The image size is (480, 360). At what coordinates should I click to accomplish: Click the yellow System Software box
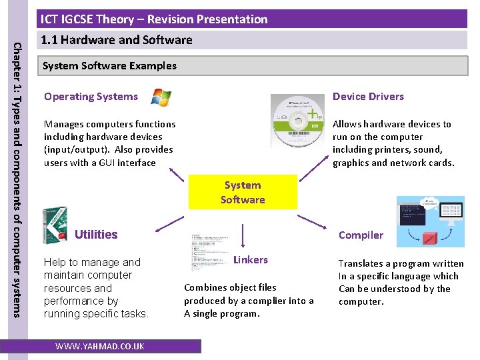(243, 193)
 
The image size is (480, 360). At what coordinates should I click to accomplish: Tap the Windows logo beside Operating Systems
(161, 97)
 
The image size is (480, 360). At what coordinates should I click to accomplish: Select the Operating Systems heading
(91, 97)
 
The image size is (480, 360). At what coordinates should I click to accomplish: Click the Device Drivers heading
(368, 97)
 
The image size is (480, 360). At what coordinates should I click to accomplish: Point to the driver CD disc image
(299, 127)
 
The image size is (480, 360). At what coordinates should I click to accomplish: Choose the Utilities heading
(96, 235)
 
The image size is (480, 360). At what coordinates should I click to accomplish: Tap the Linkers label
(251, 260)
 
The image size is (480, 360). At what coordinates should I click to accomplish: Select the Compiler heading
(361, 235)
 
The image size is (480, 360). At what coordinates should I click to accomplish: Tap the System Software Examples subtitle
(109, 66)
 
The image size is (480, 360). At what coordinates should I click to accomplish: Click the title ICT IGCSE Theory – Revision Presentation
(154, 19)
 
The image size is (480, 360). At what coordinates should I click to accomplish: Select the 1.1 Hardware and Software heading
(117, 40)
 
